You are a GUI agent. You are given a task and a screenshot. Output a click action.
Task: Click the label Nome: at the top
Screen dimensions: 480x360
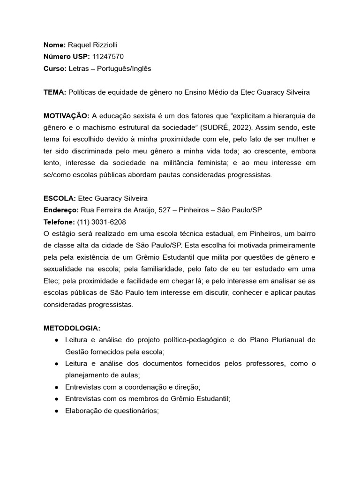54,45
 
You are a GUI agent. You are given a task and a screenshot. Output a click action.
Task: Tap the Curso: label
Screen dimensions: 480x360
55,68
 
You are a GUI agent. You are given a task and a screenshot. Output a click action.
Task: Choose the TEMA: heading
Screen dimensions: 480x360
55,92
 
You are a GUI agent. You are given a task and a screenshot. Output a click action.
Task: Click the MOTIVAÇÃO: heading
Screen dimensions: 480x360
66,116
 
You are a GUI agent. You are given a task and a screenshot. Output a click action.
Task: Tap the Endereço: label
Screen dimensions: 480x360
61,210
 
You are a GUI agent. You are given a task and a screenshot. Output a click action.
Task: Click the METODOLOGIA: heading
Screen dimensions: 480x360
72,328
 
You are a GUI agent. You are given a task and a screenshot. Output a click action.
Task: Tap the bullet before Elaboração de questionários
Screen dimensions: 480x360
56,411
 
